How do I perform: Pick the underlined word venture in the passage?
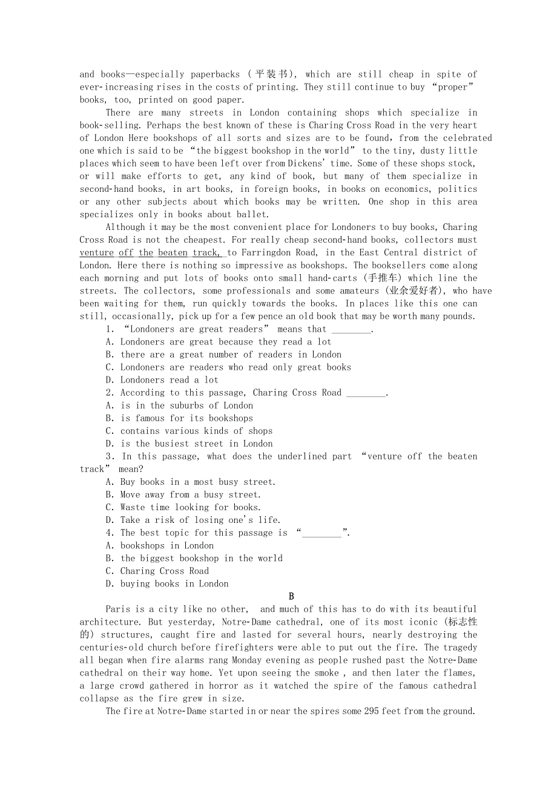coord(97,252)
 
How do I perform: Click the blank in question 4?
coord(322,533)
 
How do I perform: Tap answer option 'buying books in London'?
coord(168,584)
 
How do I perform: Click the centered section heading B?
coord(291,597)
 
